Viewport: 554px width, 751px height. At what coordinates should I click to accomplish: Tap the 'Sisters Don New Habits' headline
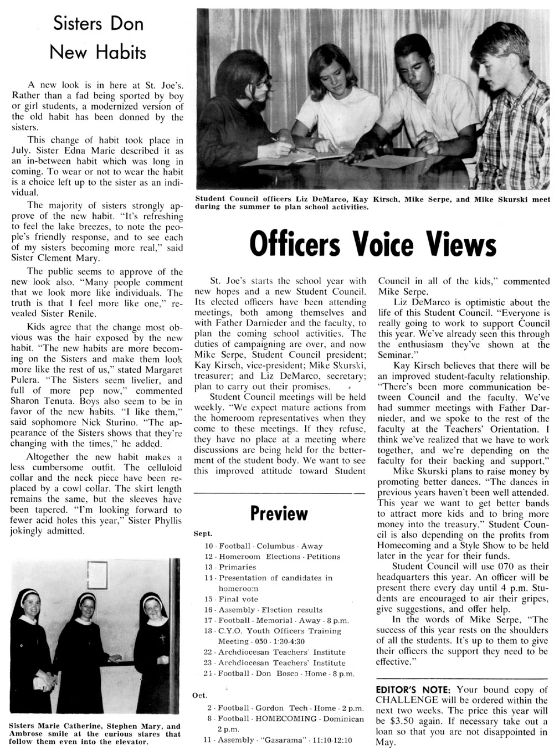[98, 38]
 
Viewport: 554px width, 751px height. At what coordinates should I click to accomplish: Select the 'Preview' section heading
[279, 513]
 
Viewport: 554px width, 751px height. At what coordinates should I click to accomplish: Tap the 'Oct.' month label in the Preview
[200, 696]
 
